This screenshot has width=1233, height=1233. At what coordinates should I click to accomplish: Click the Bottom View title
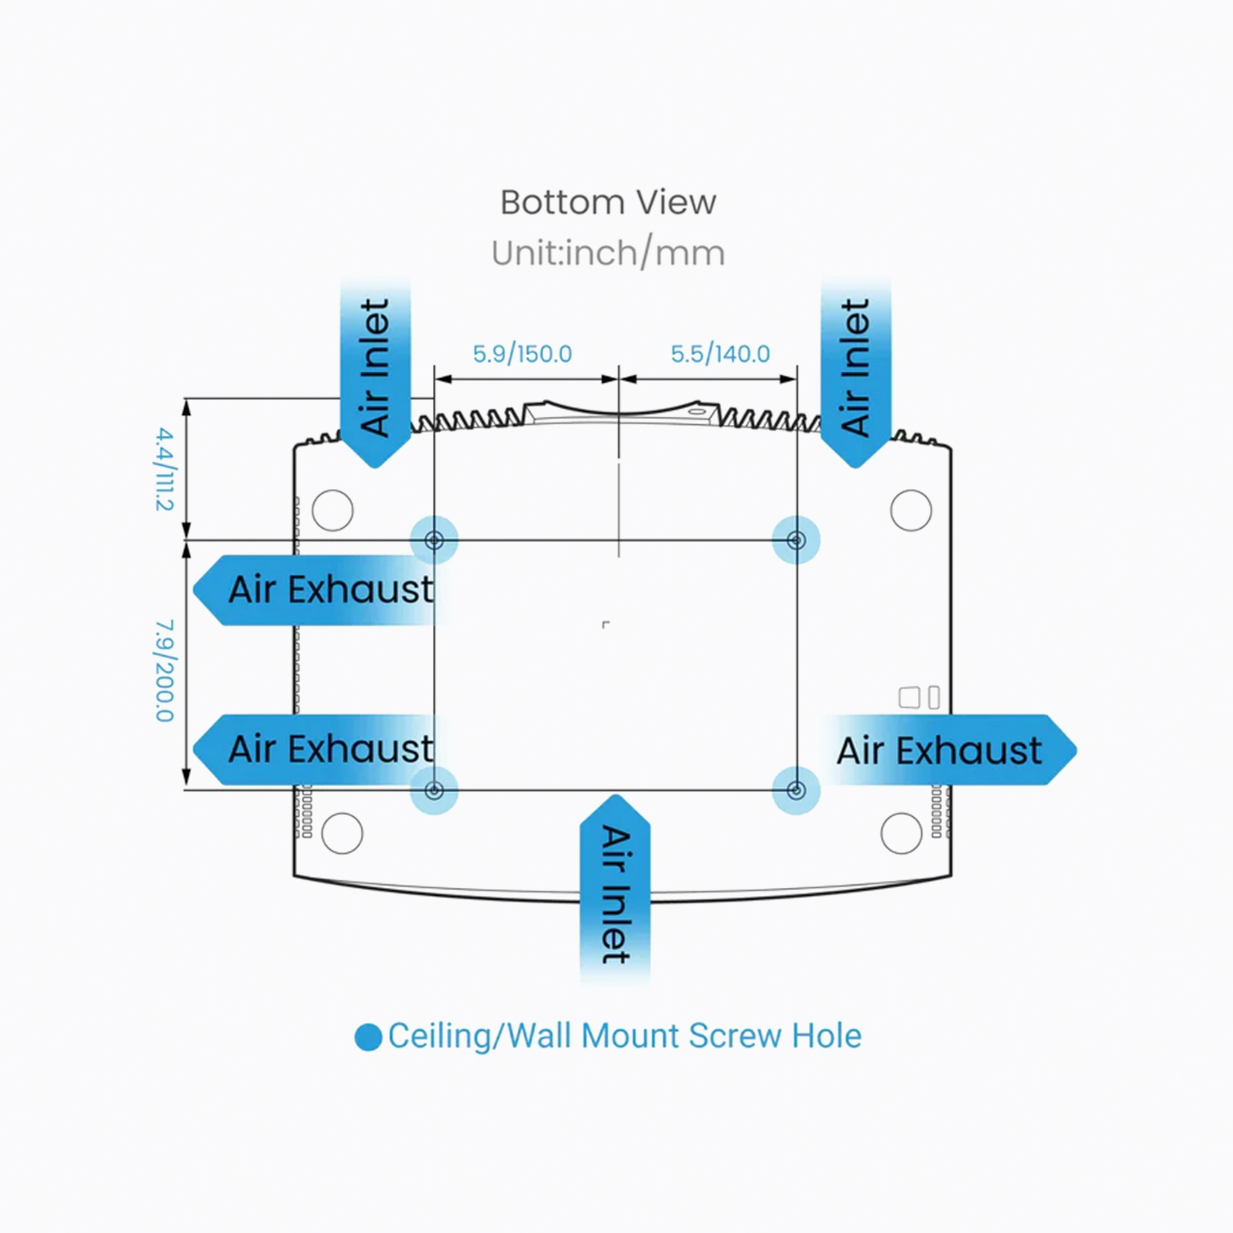(x=608, y=202)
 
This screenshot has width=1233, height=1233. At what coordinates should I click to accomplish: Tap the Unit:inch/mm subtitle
(x=608, y=253)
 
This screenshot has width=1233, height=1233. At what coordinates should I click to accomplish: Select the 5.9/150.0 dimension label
(x=522, y=353)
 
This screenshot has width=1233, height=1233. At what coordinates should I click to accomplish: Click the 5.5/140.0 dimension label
(x=720, y=353)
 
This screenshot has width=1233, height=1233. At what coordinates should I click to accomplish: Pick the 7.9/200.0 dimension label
(x=164, y=670)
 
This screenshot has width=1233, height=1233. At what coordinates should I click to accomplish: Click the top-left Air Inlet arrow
(x=375, y=377)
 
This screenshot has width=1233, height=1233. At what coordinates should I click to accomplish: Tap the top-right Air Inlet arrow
(x=855, y=377)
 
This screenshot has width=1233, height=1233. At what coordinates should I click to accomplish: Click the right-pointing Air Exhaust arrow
(x=944, y=750)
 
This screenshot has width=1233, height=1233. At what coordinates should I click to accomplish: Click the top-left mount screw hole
(x=434, y=541)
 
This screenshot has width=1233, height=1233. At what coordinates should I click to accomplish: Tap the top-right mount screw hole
(x=796, y=541)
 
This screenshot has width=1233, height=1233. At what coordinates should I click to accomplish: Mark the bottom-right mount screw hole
(x=796, y=791)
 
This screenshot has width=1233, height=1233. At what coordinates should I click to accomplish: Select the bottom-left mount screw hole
(x=434, y=791)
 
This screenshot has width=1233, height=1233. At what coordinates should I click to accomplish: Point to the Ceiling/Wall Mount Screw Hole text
(x=624, y=1036)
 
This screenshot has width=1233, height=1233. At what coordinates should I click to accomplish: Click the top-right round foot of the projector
(x=911, y=510)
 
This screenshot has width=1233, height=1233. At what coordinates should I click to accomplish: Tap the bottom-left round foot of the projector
(x=342, y=833)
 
